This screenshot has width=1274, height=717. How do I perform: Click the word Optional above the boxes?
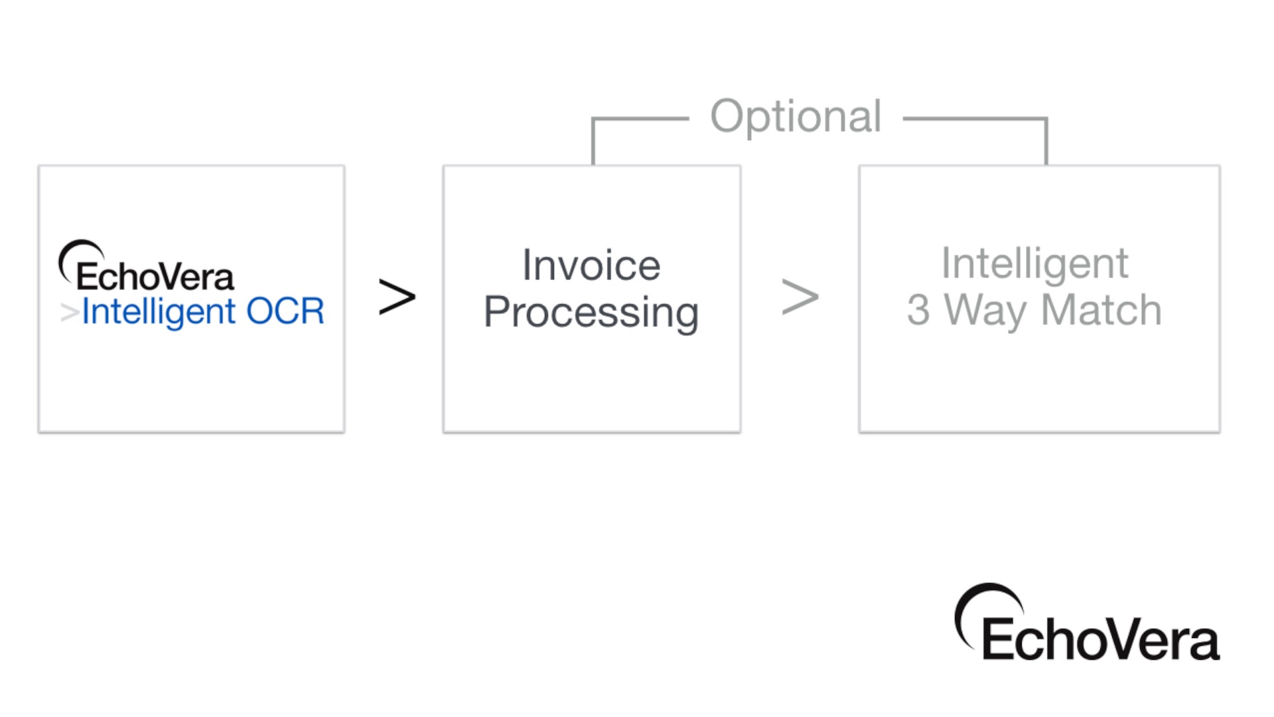(796, 118)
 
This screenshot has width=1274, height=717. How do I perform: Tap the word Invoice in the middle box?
(591, 265)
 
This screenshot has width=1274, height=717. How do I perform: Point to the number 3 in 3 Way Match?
(918, 310)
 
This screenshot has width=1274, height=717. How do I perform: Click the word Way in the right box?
(985, 312)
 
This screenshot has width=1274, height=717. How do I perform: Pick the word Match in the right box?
(1101, 309)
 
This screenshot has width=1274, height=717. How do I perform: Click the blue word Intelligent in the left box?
(159, 312)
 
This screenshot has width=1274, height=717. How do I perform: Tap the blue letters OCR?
(285, 311)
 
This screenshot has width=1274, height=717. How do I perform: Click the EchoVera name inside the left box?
(155, 276)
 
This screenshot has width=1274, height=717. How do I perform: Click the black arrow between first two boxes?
(397, 297)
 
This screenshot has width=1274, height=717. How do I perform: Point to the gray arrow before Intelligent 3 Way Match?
(800, 297)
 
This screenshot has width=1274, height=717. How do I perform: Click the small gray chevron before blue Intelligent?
(70, 312)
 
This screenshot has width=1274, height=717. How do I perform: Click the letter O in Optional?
(727, 116)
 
